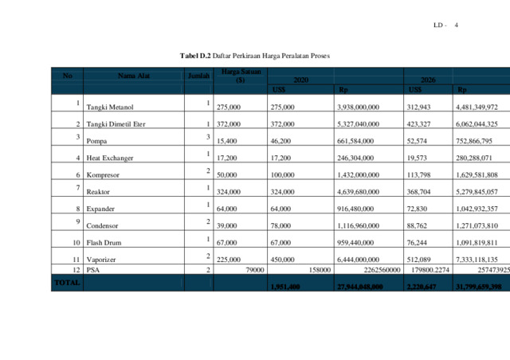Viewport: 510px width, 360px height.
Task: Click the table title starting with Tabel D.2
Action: (254, 56)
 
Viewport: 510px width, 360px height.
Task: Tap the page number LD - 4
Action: (445, 25)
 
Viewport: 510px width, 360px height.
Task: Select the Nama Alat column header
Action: (134, 76)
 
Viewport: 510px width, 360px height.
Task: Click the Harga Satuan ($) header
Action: (235, 76)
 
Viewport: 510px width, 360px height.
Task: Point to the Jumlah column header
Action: (198, 76)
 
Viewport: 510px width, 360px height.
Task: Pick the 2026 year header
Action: (428, 80)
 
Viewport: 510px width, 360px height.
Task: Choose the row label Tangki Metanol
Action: (110, 107)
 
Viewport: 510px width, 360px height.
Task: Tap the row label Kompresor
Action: (103, 174)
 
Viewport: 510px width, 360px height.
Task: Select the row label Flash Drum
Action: (104, 242)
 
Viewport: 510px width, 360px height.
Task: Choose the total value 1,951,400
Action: (285, 287)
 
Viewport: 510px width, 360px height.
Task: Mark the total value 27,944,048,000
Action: (360, 287)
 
